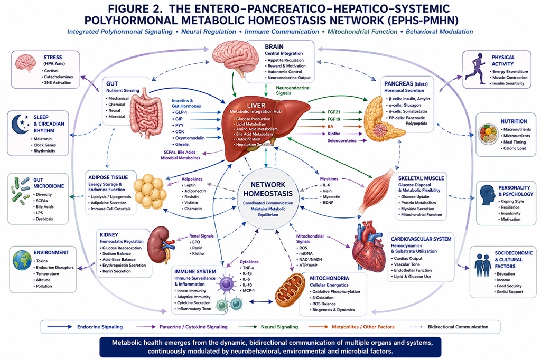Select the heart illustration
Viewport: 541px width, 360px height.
[x=368, y=245]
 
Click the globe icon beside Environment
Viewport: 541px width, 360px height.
[x=22, y=260]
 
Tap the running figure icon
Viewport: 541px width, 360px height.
[x=475, y=69]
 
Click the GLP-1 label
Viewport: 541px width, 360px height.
[x=181, y=112]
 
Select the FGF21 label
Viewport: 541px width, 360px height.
[x=334, y=112]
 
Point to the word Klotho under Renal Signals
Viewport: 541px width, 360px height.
[x=198, y=253]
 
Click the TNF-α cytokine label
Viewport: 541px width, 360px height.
[x=248, y=268]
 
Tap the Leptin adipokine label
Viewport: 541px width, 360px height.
[x=190, y=185]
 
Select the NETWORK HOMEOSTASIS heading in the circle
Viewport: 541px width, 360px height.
[x=268, y=189]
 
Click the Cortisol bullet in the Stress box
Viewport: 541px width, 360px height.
[x=51, y=71]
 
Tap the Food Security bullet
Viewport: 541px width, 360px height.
[x=509, y=286]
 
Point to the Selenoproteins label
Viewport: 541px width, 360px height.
[x=342, y=141]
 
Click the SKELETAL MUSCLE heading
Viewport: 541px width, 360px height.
[x=421, y=178]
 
